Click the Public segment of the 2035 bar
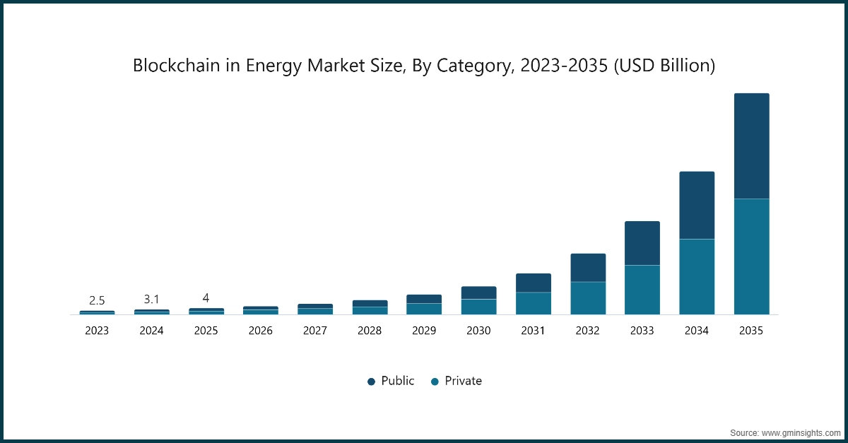pos(751,146)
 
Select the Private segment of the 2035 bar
pos(751,256)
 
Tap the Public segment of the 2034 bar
pos(697,205)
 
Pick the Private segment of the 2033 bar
pos(642,290)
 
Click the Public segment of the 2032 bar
pos(588,268)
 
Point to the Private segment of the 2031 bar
pos(534,303)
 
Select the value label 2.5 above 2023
pos(97,300)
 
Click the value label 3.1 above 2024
pos(151,299)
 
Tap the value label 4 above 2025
pos(206,297)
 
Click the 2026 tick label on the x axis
pos(260,330)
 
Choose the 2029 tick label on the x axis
pos(424,330)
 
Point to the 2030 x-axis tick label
pos(478,330)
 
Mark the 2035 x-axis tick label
pos(751,330)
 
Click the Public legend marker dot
pos(371,382)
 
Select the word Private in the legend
pos(463,381)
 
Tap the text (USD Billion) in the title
pos(664,66)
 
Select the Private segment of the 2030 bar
pos(478,307)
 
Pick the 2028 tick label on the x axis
pos(370,330)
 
